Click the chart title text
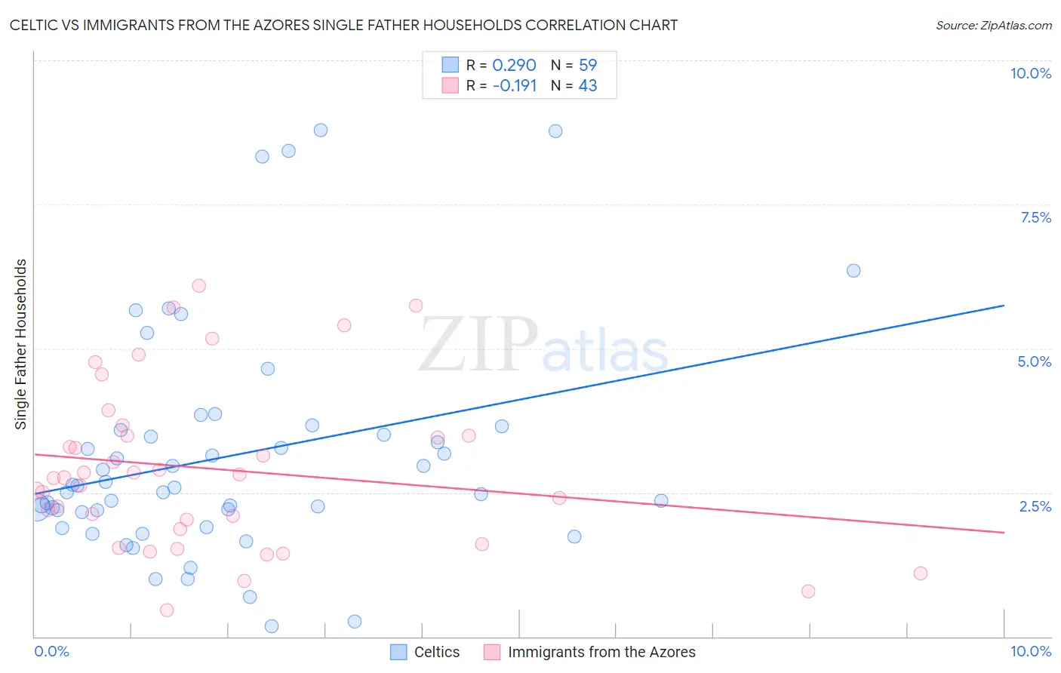[343, 25]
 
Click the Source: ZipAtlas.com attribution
[993, 25]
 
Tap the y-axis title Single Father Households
[20, 344]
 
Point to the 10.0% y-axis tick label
[1030, 73]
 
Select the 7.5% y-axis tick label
[1035, 217]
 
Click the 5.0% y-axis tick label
[1034, 361]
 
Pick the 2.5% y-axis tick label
[1035, 506]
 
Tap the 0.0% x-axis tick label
[51, 651]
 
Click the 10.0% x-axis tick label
[1030, 651]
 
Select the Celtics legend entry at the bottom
[436, 652]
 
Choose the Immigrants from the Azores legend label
[601, 652]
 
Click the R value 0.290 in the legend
[514, 66]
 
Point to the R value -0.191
[514, 86]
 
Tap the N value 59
[587, 66]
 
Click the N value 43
[587, 86]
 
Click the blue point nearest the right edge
[853, 271]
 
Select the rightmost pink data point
[920, 573]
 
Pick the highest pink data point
[199, 285]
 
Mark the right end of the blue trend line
[1004, 306]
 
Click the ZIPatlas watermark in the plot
[543, 346]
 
